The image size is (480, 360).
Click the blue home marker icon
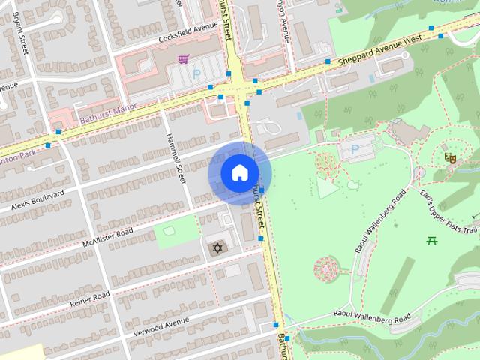coord(238,173)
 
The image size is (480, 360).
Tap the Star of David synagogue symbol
coord(218,247)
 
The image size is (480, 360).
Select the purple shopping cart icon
coord(183,58)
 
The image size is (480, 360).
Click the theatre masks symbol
coord(450,157)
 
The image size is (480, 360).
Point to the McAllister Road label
coord(108,237)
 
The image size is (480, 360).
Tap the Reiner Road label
coord(90,298)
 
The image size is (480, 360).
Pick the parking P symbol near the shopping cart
coord(197,74)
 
